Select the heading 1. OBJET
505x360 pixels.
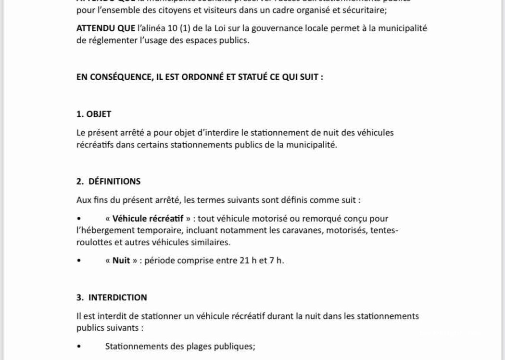[x=94, y=114]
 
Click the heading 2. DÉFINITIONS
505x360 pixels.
[x=108, y=182]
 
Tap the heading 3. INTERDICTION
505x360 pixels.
[x=112, y=298]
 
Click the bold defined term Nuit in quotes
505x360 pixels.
[x=121, y=261]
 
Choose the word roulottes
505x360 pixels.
[x=93, y=242]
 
